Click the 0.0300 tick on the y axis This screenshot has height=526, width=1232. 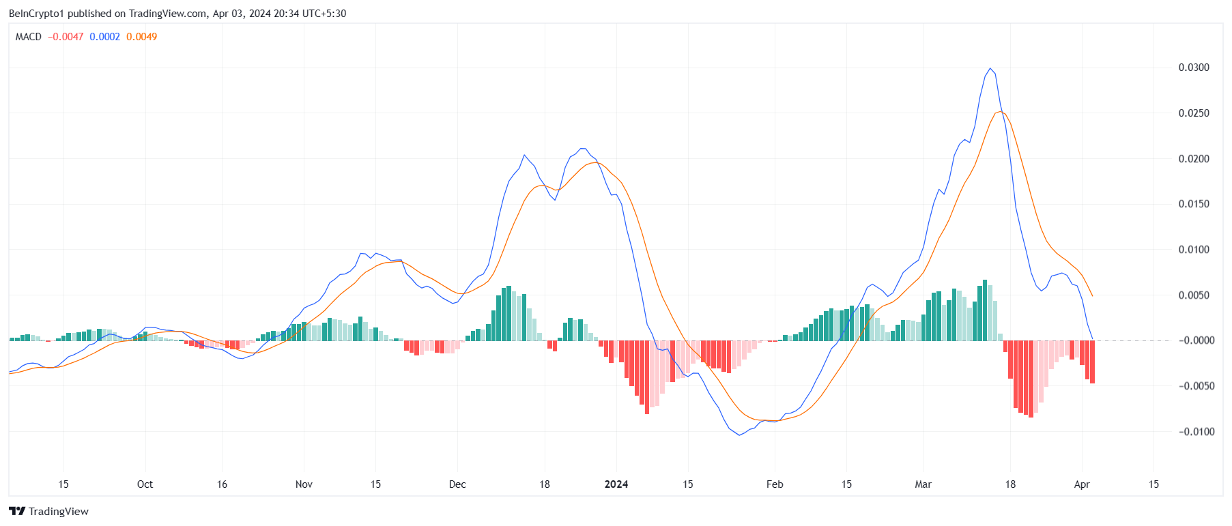[1193, 68]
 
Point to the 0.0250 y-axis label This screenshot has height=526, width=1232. [1193, 113]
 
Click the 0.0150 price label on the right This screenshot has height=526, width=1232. [1193, 204]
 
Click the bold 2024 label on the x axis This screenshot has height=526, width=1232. [616, 484]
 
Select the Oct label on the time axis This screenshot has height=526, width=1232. [145, 484]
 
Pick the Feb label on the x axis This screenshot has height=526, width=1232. [775, 484]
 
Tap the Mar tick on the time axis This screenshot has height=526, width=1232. [923, 484]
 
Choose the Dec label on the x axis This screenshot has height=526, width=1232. [457, 484]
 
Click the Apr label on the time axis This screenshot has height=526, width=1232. [1082, 484]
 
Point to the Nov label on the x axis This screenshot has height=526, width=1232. [304, 484]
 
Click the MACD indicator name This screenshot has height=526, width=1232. [29, 37]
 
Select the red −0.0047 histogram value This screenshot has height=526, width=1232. [66, 37]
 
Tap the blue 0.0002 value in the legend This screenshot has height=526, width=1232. [104, 37]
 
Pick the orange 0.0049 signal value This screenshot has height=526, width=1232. [141, 37]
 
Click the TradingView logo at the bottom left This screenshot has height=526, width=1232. [48, 512]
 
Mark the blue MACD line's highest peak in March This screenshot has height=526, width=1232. [990, 68]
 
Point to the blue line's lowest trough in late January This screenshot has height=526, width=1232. [739, 435]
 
